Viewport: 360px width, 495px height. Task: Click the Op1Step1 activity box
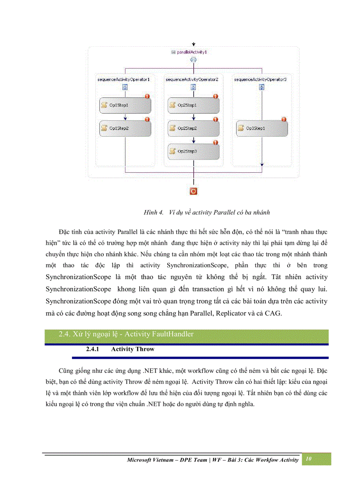pos(125,105)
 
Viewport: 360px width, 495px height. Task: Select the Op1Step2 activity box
pos(125,128)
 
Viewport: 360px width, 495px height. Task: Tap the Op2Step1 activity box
pos(193,105)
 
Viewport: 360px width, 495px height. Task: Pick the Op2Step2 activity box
pos(193,128)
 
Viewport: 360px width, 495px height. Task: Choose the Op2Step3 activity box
pos(193,151)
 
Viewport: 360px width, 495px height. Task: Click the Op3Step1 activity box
pos(262,128)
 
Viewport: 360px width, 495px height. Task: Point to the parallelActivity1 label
pos(192,52)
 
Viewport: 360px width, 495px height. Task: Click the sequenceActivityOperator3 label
pos(260,79)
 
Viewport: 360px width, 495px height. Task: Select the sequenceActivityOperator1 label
pos(124,79)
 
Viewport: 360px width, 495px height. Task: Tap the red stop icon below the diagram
pos(193,191)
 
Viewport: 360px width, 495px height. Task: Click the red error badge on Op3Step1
pos(284,119)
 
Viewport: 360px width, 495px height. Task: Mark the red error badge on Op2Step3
pos(215,142)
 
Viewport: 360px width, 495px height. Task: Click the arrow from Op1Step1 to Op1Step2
pos(126,117)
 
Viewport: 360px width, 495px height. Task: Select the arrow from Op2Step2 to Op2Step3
pos(194,140)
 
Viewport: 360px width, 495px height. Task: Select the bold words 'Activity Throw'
pos(133,349)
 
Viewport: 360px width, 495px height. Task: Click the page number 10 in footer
pos(308,459)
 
